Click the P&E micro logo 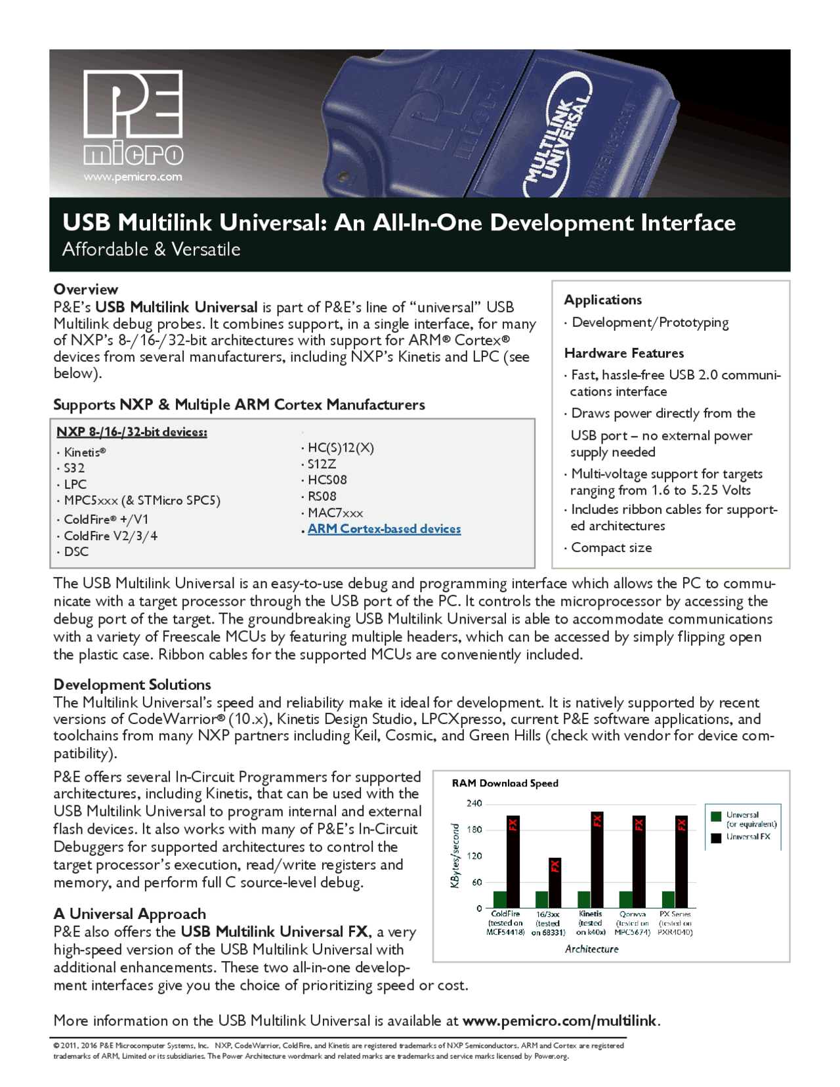click(x=133, y=117)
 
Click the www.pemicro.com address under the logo click(x=133, y=177)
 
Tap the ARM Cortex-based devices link click(x=384, y=529)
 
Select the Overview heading click(x=86, y=289)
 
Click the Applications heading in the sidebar click(x=603, y=300)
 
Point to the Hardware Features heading click(x=624, y=353)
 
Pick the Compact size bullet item click(x=611, y=547)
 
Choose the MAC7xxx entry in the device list click(x=335, y=513)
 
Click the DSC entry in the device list click(x=76, y=551)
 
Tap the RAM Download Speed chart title click(x=505, y=783)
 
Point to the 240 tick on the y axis click(x=474, y=803)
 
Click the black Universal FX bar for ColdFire click(x=513, y=861)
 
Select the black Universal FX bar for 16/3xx click(x=555, y=882)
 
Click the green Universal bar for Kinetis click(x=583, y=899)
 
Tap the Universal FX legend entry click(x=747, y=837)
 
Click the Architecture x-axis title click(x=591, y=949)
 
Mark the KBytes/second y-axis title click(x=454, y=856)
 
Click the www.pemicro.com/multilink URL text click(x=559, y=1021)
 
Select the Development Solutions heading click(x=132, y=685)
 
